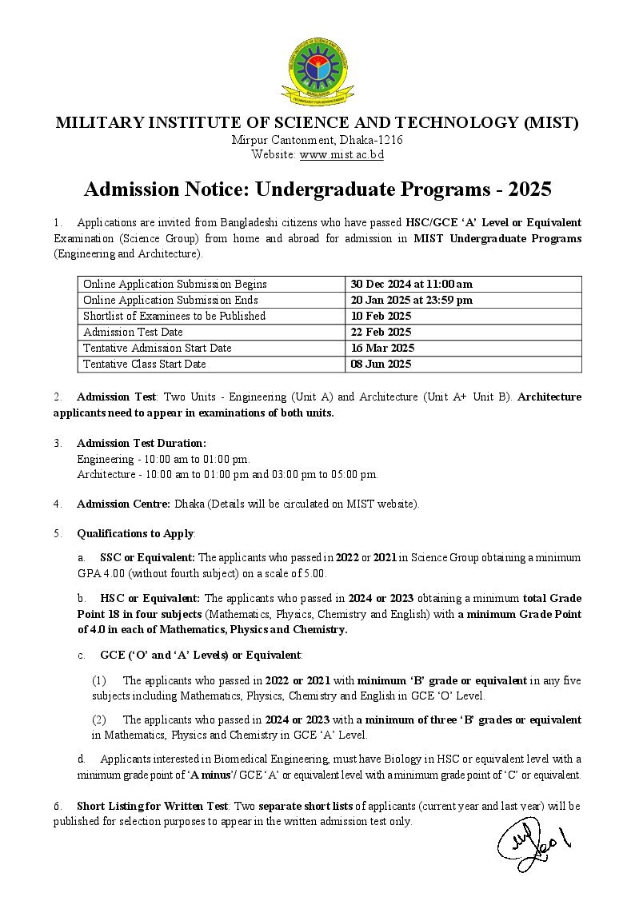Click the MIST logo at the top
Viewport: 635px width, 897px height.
[x=317, y=74]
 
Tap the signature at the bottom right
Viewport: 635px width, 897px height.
[x=533, y=843]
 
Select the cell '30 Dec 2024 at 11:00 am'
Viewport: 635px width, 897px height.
[x=411, y=284]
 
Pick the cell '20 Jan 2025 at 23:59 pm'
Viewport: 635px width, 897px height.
[x=411, y=300]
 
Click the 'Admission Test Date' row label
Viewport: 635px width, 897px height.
[x=133, y=332]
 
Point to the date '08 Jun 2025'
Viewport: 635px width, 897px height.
[x=381, y=364]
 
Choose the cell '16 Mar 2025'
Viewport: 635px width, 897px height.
[x=381, y=348]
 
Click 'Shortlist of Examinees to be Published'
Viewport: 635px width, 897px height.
[x=174, y=316]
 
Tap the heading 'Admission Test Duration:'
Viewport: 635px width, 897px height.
[x=142, y=443]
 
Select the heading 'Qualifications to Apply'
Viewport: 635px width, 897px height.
[x=135, y=533]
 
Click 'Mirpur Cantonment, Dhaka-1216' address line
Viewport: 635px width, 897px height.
[x=317, y=140]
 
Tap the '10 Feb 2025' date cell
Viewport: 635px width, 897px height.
[x=381, y=316]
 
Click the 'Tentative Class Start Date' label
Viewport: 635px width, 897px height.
[x=145, y=364]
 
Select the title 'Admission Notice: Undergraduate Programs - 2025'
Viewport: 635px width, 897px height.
[x=317, y=189]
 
